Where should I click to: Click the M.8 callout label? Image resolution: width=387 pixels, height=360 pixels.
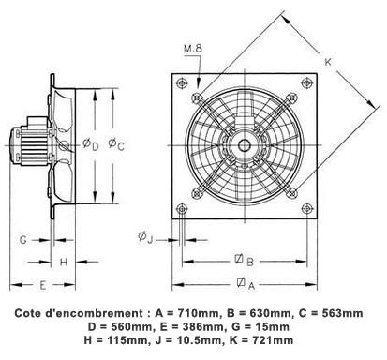193,49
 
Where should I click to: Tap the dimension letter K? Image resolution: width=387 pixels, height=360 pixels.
328,62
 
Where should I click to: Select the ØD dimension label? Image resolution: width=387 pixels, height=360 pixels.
90,144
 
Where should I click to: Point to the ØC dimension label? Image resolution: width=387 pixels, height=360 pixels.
116,144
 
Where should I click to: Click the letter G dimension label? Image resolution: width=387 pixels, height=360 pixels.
23,240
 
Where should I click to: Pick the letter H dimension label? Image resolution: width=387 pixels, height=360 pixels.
64,262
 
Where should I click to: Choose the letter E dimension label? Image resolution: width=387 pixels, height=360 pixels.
43,285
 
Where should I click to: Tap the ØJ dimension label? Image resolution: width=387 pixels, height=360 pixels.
145,237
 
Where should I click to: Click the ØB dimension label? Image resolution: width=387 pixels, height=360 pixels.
244,261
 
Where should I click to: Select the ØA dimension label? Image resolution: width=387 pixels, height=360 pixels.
246,283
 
